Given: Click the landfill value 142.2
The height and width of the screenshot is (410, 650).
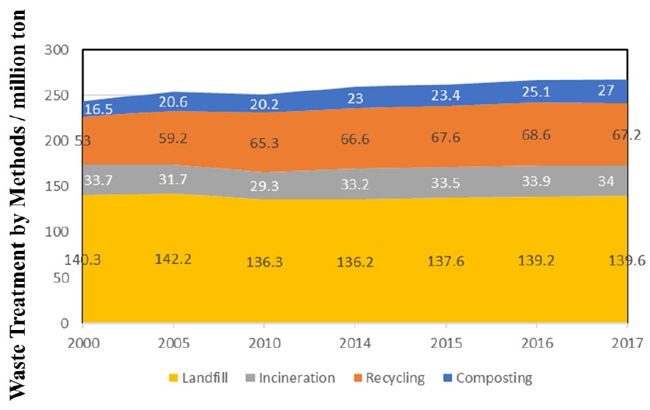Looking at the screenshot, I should [175, 259].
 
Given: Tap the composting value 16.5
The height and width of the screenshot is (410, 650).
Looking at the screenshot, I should [99, 110].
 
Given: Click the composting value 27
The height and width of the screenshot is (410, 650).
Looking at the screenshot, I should [624, 91].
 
